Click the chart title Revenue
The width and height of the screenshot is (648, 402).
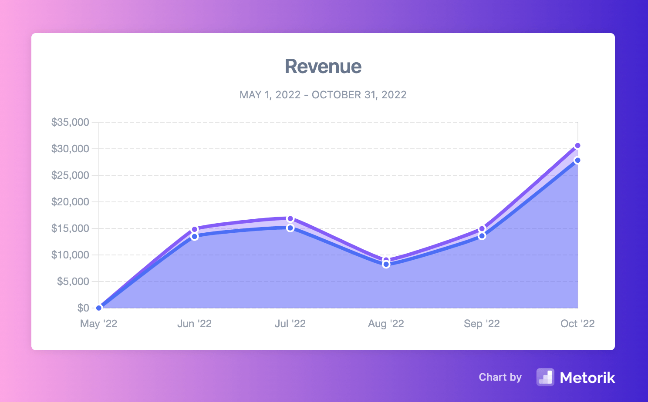coord(323,67)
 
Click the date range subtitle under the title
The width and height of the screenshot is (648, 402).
coord(323,95)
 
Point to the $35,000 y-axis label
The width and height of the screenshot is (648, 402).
coord(70,122)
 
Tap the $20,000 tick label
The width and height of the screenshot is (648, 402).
coord(70,202)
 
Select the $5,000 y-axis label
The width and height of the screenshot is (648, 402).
coord(73,281)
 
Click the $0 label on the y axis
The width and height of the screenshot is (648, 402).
coord(83,308)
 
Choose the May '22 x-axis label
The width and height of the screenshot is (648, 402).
coord(98,324)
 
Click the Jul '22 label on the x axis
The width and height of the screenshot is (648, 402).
coord(290,324)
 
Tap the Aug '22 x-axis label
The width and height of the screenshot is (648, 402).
coord(386,324)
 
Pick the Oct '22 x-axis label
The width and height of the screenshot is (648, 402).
coord(577,324)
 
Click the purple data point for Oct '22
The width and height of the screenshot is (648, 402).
coord(577,146)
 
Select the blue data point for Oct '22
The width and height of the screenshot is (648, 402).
coord(577,161)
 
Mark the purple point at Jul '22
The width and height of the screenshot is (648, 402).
coord(290,218)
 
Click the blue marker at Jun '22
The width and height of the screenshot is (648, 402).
coord(195,237)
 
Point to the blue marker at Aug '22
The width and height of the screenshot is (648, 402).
coord(386,265)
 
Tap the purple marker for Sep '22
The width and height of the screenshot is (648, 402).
coord(482,229)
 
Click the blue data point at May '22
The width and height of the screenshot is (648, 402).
coord(99,308)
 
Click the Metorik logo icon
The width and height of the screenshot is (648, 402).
coord(545,377)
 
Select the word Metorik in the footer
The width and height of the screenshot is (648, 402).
coord(587,378)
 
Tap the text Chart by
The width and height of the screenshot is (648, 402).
coord(500,377)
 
